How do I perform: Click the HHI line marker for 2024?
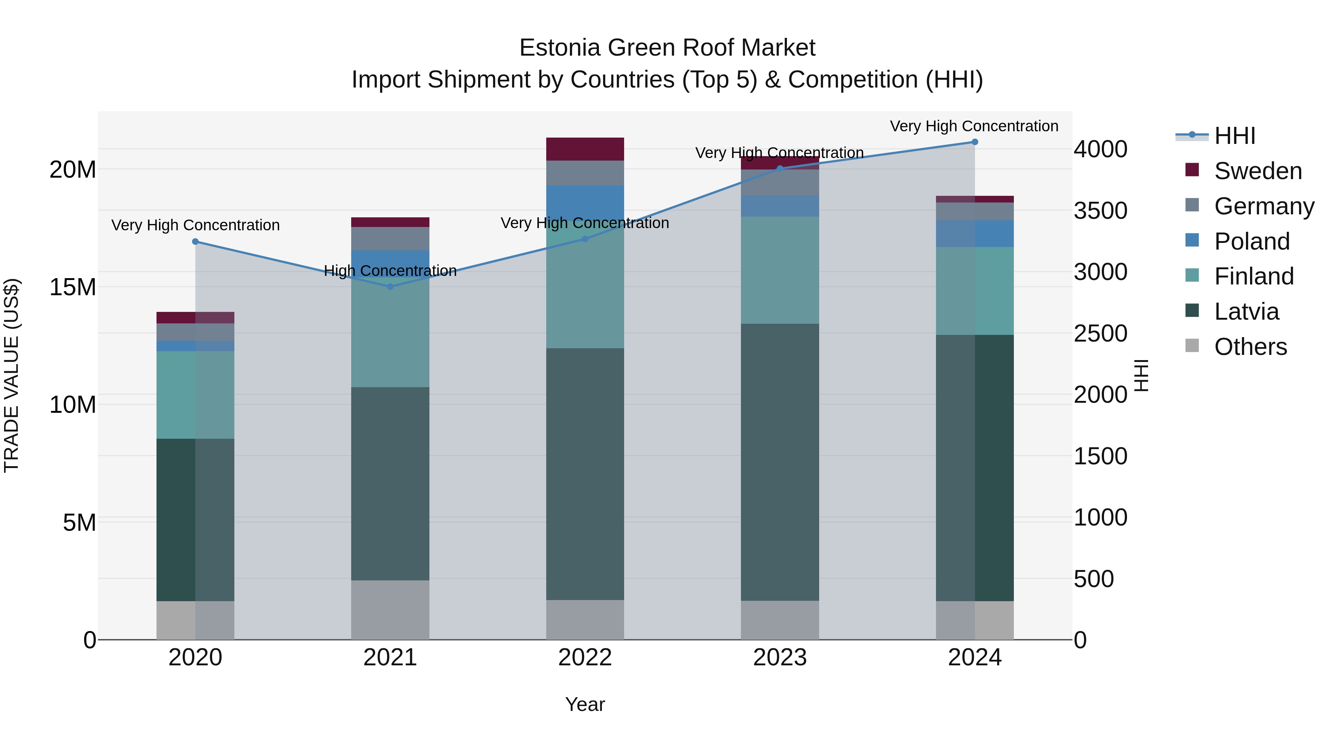pos(974,142)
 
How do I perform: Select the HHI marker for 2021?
pos(390,287)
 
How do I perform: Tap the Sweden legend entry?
pos(1258,171)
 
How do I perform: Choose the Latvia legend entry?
pos(1246,312)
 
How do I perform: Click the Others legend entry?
pos(1250,347)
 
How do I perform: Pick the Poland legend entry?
pos(1252,241)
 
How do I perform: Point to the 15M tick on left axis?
pos(73,287)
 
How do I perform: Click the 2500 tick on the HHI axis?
pos(1100,333)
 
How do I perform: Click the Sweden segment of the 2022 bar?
pos(585,149)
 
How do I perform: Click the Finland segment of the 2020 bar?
pos(195,395)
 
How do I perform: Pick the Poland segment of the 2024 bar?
pos(974,234)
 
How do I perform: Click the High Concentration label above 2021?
pos(390,271)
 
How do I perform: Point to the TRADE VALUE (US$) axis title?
pos(11,375)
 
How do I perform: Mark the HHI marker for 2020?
pos(195,241)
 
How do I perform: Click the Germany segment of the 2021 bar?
pos(390,238)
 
